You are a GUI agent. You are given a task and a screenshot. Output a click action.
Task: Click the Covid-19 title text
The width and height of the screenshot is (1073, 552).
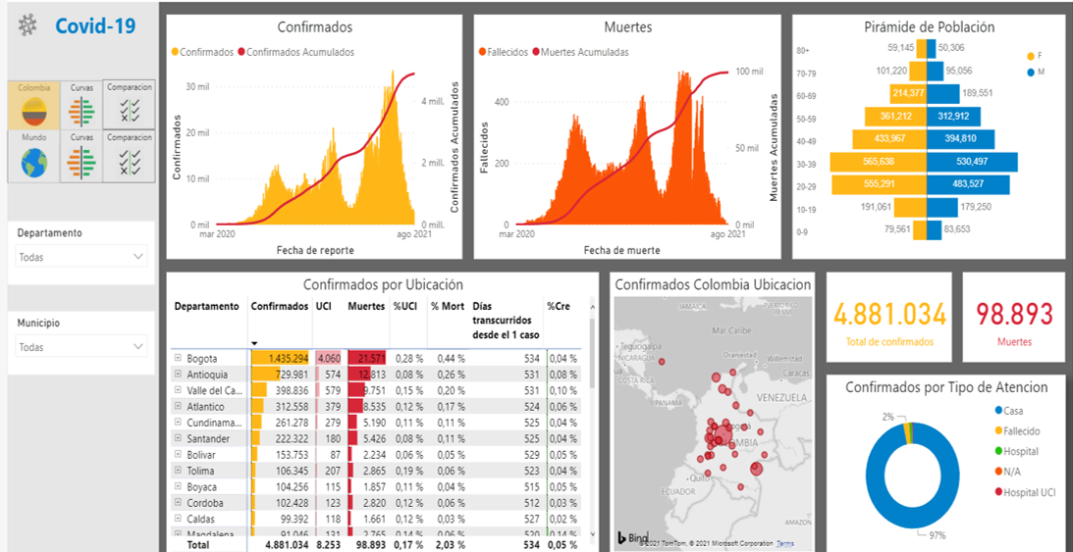click(x=94, y=25)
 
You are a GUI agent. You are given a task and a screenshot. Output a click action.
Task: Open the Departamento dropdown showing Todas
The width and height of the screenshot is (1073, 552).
click(x=82, y=257)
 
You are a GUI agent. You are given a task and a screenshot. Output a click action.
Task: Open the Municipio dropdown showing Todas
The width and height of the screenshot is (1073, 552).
click(x=82, y=347)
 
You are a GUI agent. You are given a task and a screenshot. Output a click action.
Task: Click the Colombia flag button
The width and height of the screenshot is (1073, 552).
click(x=34, y=105)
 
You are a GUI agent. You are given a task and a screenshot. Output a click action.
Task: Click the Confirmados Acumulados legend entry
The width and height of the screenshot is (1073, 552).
click(x=299, y=52)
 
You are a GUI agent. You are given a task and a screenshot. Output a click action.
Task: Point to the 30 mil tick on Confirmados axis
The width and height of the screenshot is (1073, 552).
click(x=197, y=86)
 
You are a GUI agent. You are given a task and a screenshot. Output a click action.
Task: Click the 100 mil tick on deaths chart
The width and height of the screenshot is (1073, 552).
click(x=749, y=72)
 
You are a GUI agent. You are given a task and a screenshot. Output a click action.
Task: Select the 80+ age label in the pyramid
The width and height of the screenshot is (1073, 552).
click(x=802, y=48)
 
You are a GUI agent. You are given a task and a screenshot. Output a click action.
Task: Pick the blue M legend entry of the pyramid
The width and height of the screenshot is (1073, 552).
click(x=1035, y=72)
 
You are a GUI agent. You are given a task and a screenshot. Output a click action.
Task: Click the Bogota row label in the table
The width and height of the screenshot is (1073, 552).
click(x=202, y=359)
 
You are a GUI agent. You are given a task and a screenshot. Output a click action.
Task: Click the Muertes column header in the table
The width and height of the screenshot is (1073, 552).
click(x=366, y=307)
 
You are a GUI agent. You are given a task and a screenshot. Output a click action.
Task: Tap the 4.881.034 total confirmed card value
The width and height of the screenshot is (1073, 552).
click(x=889, y=315)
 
